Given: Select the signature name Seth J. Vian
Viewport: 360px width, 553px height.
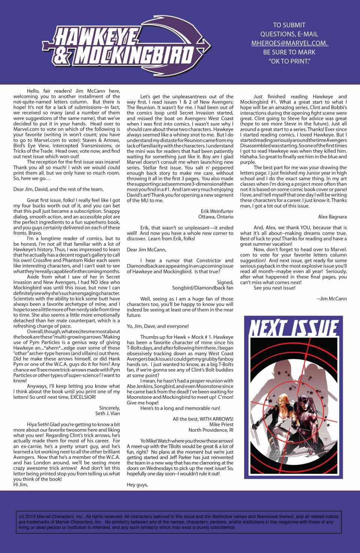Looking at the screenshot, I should pos(108,414).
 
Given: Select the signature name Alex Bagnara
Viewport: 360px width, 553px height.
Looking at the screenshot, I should pos(332,216).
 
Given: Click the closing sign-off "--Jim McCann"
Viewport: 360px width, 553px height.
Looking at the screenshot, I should pos(331,298).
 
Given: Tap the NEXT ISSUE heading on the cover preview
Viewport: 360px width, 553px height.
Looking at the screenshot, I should pos(294,328).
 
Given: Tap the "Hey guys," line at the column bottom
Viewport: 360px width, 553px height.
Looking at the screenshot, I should pos(138,484).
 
